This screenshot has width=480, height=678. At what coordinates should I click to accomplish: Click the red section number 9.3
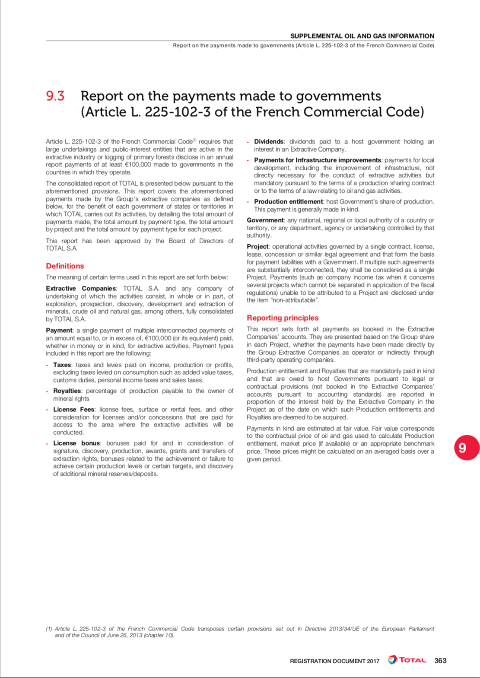click(x=55, y=96)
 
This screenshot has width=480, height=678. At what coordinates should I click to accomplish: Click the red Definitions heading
click(x=65, y=266)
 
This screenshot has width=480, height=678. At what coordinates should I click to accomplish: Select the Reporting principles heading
click(x=283, y=318)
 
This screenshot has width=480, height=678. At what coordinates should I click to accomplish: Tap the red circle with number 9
click(x=467, y=448)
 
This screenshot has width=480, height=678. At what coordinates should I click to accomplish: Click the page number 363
click(x=440, y=661)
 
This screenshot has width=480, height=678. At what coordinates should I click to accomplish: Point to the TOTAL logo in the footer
click(x=407, y=660)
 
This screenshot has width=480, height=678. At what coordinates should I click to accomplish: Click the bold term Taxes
click(x=62, y=365)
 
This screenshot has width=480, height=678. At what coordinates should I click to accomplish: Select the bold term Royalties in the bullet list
click(x=67, y=391)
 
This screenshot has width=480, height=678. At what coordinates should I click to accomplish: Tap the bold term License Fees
click(x=73, y=410)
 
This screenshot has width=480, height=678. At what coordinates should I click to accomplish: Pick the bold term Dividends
click(x=268, y=142)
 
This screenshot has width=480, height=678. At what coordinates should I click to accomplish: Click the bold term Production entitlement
click(x=288, y=202)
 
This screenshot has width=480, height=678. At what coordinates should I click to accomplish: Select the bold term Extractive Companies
click(x=81, y=289)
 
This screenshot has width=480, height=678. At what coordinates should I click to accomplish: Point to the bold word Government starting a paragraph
click(x=265, y=220)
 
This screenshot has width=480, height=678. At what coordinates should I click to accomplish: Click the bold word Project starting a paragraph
click(x=258, y=247)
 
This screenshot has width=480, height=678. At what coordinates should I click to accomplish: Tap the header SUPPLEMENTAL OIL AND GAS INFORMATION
click(x=362, y=36)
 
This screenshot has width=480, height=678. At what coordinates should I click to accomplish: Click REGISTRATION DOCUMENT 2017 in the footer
click(x=334, y=661)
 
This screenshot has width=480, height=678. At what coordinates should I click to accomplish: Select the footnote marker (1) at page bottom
click(x=49, y=629)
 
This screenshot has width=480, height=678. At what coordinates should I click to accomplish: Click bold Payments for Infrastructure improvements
click(x=318, y=160)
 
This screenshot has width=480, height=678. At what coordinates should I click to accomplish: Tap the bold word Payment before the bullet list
click(x=59, y=331)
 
